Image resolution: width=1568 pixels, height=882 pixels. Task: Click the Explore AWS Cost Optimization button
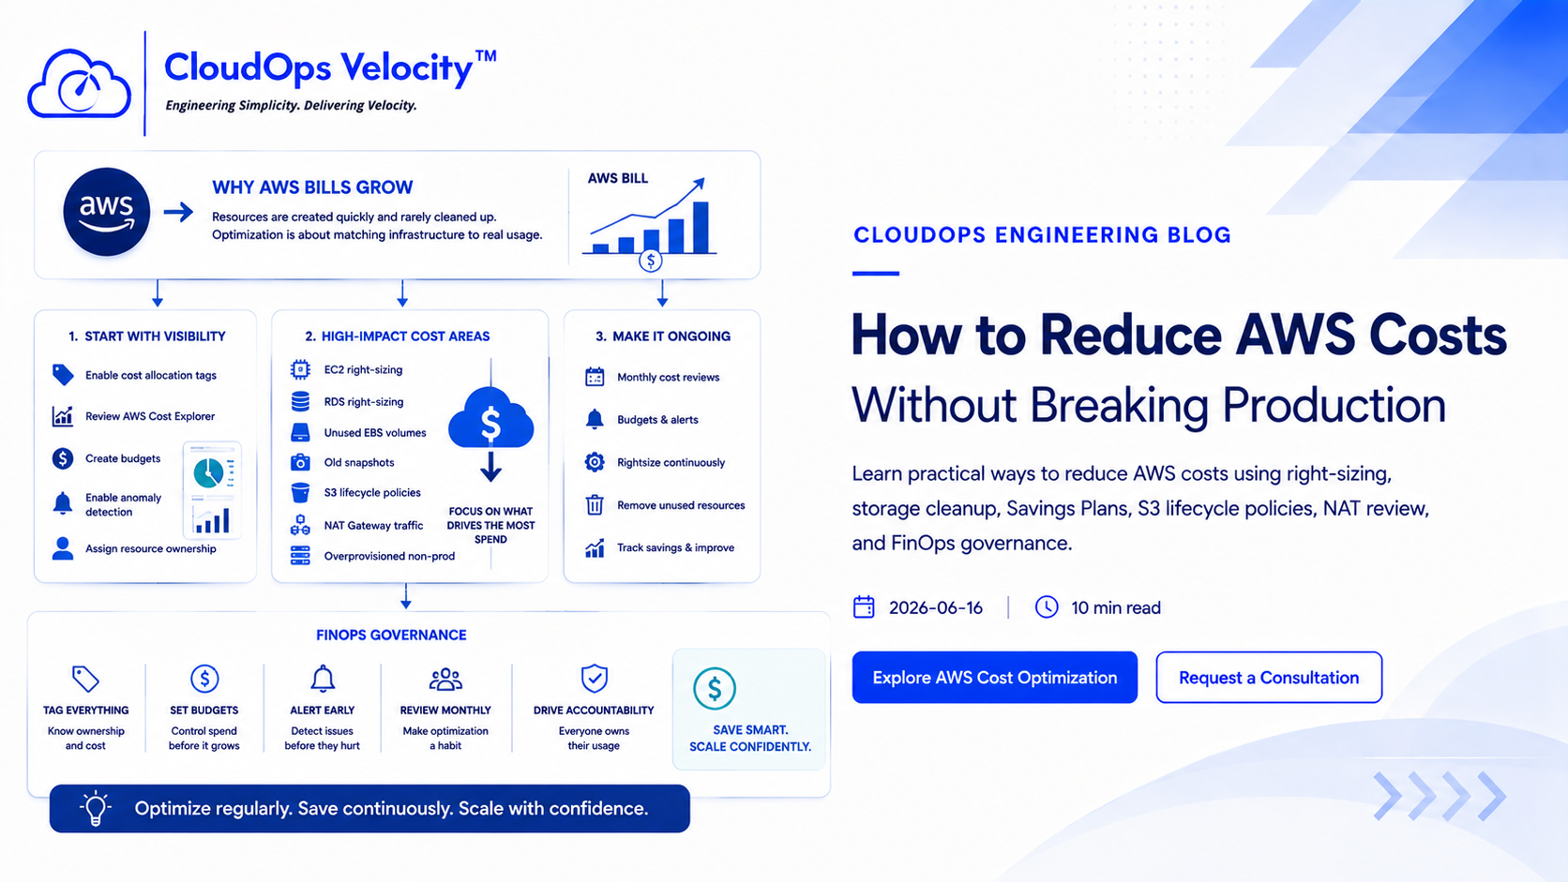click(994, 677)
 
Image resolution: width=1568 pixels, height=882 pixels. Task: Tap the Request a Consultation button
click(1269, 677)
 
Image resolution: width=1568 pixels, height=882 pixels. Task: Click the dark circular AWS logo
click(106, 211)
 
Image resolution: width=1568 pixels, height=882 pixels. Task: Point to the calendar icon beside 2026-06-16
click(864, 607)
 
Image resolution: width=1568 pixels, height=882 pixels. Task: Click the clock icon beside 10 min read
click(1047, 607)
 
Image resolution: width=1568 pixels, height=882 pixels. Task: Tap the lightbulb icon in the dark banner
click(96, 809)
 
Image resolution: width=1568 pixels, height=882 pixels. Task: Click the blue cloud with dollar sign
click(490, 418)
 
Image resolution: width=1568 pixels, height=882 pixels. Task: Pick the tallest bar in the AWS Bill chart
click(701, 228)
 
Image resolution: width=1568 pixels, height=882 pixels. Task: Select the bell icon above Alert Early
click(322, 679)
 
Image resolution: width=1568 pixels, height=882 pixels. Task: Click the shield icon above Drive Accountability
click(595, 678)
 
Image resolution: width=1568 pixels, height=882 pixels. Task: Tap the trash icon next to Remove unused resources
click(595, 504)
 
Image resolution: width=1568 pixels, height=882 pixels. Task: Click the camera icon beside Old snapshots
click(300, 462)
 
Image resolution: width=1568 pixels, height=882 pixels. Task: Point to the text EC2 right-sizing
click(363, 369)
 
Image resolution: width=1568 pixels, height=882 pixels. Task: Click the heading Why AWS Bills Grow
click(312, 187)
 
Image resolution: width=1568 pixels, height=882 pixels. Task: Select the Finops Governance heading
click(391, 635)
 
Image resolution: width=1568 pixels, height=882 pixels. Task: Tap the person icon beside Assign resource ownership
click(62, 548)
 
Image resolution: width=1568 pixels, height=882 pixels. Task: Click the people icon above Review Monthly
click(445, 679)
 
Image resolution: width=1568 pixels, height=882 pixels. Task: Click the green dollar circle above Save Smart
click(714, 688)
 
